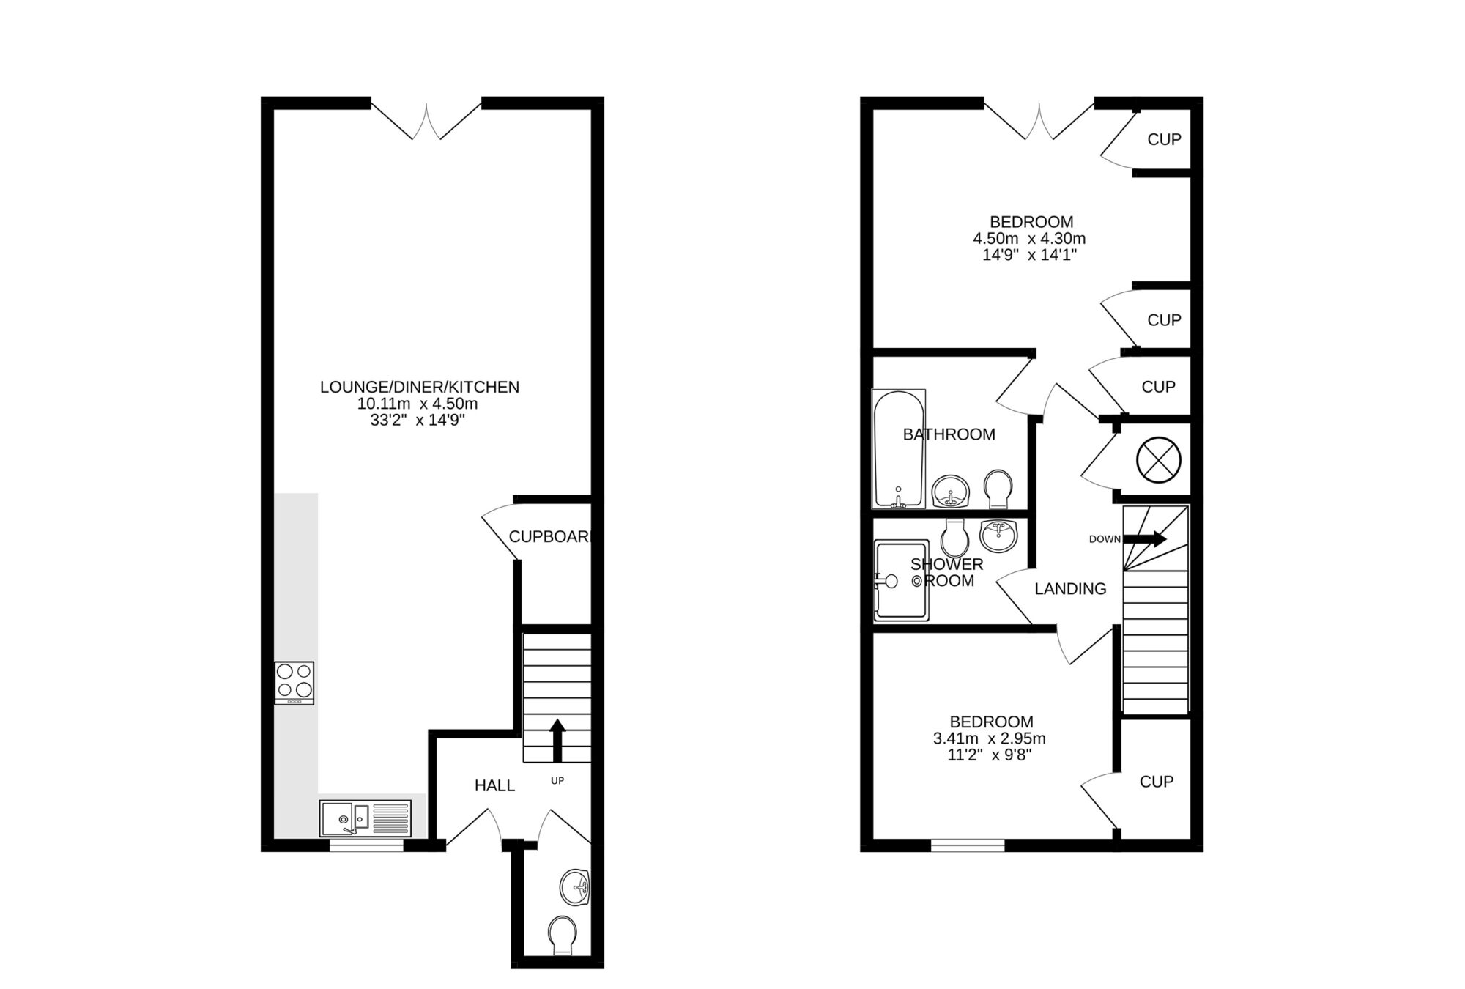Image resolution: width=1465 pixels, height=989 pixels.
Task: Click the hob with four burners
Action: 294,683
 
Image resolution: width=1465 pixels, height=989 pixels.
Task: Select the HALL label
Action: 494,786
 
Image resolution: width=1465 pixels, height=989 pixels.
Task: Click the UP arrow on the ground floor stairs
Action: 557,740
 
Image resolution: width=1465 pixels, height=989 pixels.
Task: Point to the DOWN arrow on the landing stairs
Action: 1144,539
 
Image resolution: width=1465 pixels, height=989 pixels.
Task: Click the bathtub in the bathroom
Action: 898,448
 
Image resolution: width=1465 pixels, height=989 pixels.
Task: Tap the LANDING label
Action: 1070,589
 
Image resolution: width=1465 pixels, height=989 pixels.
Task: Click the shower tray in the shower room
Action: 901,580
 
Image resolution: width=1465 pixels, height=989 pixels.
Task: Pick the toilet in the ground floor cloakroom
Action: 562,936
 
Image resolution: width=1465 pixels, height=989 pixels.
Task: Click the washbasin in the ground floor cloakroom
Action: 575,888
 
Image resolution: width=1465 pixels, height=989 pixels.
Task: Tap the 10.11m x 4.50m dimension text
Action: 418,404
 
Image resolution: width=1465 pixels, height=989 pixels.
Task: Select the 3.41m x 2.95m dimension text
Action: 989,738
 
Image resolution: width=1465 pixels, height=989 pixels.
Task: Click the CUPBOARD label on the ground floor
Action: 549,537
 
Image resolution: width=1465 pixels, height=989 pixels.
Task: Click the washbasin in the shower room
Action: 998,535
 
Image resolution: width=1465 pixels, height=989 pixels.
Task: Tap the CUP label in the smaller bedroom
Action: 1156,782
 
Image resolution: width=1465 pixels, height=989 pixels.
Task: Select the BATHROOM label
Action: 949,434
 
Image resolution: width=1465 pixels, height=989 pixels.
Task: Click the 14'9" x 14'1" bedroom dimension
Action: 1028,256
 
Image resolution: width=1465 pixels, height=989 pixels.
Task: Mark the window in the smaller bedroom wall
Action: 968,845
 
